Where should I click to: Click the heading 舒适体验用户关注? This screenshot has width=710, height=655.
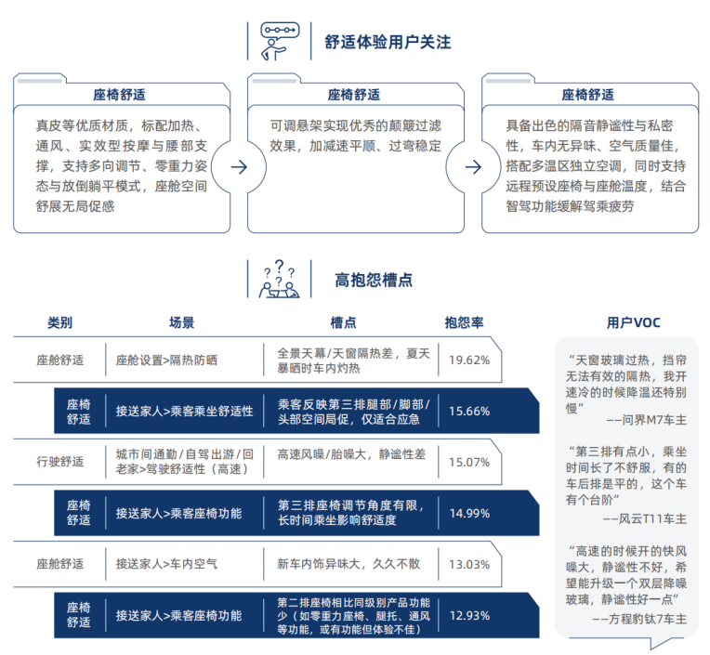[x=388, y=42]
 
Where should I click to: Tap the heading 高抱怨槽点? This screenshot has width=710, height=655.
[x=374, y=280]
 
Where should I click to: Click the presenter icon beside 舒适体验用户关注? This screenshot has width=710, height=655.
[x=280, y=41]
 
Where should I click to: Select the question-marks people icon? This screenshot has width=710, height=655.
[x=280, y=279]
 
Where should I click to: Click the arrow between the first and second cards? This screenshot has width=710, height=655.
[x=239, y=167]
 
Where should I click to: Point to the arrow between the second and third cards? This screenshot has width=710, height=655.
[x=473, y=167]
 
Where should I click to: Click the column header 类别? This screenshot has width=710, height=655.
[x=59, y=322]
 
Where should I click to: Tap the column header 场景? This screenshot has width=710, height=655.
[x=181, y=322]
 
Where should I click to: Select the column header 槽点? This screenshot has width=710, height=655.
[x=343, y=322]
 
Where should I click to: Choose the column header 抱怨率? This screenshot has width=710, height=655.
[x=464, y=322]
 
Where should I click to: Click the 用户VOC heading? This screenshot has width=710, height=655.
[x=634, y=322]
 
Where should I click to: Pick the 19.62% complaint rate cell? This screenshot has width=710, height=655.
[x=469, y=360]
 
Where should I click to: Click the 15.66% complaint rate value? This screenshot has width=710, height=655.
[x=469, y=412]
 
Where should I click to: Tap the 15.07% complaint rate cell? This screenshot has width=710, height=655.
[x=469, y=462]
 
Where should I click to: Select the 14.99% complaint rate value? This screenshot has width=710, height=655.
[x=469, y=514]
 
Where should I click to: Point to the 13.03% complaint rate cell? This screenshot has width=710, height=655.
[x=469, y=565]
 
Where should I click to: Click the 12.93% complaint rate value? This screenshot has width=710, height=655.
[x=469, y=616]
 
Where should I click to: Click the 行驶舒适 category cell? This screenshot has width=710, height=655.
[x=60, y=462]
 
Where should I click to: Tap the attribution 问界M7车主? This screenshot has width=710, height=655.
[x=654, y=420]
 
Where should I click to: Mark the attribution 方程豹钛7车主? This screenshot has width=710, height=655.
[x=648, y=619]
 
